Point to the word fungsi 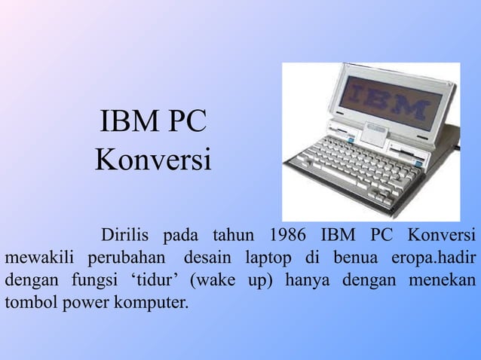[97, 282]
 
